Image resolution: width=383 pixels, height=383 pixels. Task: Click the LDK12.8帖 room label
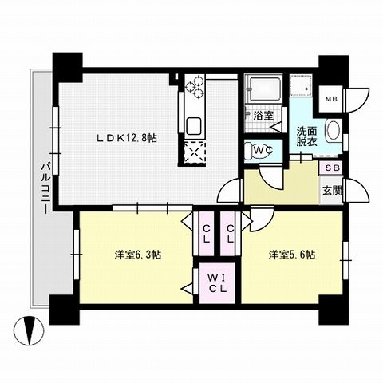click(x=126, y=138)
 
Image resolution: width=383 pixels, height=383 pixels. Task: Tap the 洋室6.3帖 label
click(x=137, y=255)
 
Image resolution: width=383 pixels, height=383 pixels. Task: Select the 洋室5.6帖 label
click(x=292, y=255)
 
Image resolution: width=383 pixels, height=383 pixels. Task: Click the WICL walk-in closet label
click(x=217, y=283)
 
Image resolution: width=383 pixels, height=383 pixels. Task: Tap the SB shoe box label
click(x=333, y=168)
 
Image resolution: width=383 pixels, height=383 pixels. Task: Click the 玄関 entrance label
click(x=333, y=191)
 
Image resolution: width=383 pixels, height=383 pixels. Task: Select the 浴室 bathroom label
click(x=263, y=116)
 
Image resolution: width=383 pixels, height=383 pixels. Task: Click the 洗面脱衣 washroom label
click(x=306, y=136)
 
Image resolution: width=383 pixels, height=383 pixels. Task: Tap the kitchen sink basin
click(x=195, y=126)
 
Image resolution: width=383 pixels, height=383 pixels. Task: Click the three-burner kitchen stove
click(x=195, y=87)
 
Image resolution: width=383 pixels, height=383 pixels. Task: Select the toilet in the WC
click(x=258, y=150)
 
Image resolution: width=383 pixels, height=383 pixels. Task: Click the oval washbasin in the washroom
click(x=333, y=131)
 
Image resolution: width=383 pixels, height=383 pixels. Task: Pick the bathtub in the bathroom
click(x=263, y=89)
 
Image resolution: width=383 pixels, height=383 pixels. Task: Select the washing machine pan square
click(x=301, y=85)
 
